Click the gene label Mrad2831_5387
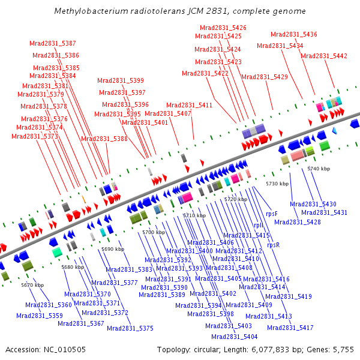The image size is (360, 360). click(53, 43)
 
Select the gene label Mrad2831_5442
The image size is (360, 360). click(324, 56)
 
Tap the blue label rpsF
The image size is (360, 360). click(272, 214)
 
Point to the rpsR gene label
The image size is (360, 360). click(274, 245)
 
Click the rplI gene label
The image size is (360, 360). click(259, 225)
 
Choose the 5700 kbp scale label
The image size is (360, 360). click(154, 232)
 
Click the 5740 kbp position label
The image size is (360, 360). click(319, 169)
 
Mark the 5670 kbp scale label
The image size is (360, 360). click(32, 285)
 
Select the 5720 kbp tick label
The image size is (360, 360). click(236, 199)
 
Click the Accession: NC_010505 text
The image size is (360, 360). click(46, 350)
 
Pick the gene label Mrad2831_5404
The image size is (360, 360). click(235, 337)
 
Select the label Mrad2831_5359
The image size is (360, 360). click(40, 316)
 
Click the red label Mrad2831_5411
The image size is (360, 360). click(189, 105)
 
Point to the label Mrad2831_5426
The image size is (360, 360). click(223, 28)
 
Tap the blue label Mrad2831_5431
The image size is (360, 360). click(324, 212)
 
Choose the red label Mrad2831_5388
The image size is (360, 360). click(104, 139)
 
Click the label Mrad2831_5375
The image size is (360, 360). click(130, 328)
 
